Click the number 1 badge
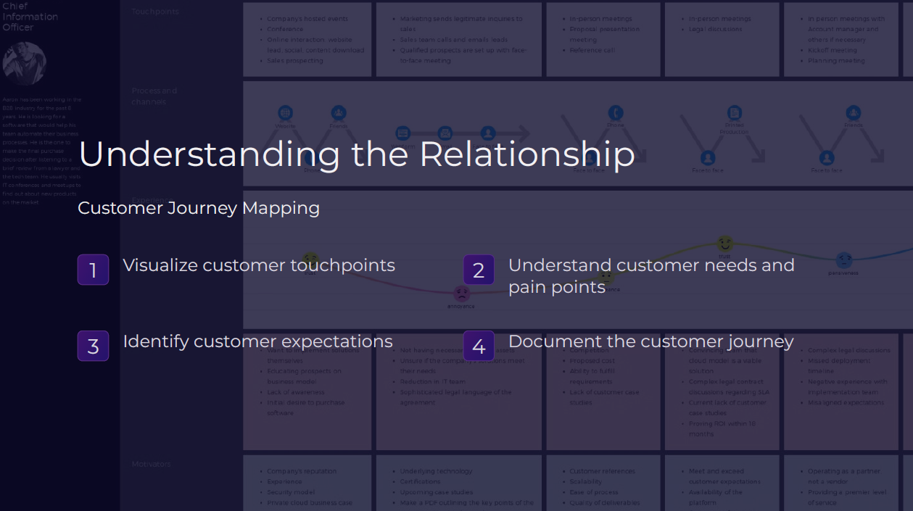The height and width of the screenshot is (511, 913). pyautogui.click(x=93, y=270)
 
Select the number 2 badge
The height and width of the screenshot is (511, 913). pyautogui.click(x=479, y=270)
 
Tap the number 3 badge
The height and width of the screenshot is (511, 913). pyautogui.click(x=93, y=346)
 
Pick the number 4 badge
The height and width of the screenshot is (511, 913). pyautogui.click(x=479, y=346)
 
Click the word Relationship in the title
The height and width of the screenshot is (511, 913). pyautogui.click(x=526, y=154)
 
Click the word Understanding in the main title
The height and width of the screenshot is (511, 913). pyautogui.click(x=209, y=154)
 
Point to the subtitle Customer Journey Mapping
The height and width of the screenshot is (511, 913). pyautogui.click(x=199, y=208)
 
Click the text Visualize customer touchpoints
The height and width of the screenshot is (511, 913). pyautogui.click(x=259, y=265)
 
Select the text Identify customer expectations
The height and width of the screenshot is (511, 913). pyautogui.click(x=257, y=341)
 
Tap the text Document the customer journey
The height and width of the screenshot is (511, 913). pyautogui.click(x=650, y=341)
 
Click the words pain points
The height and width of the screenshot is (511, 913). pyautogui.click(x=557, y=287)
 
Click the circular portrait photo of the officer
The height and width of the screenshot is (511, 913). pyautogui.click(x=24, y=64)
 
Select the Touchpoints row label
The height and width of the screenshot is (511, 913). pyautogui.click(x=155, y=12)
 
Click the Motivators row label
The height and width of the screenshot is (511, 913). pyautogui.click(x=151, y=464)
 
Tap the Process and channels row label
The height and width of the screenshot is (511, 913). pyautogui.click(x=154, y=96)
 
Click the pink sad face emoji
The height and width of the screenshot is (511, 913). pyautogui.click(x=461, y=294)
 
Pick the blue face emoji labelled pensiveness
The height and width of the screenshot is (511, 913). pyautogui.click(x=843, y=259)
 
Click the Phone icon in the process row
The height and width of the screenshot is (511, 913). pyautogui.click(x=615, y=113)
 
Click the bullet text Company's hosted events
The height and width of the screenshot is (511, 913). pyautogui.click(x=307, y=19)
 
